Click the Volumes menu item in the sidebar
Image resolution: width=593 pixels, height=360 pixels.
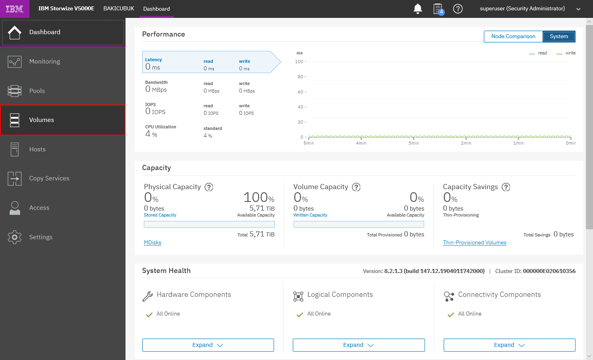click(x=63, y=120)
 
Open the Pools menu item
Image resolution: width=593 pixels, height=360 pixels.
click(x=63, y=91)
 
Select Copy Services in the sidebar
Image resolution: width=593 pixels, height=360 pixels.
click(x=63, y=178)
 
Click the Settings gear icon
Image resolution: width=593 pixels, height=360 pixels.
click(x=15, y=237)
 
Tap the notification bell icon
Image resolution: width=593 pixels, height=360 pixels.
click(x=417, y=9)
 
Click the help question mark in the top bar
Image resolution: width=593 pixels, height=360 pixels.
click(x=458, y=9)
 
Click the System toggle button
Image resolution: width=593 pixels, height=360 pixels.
click(x=559, y=36)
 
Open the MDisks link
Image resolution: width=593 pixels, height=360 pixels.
click(x=153, y=242)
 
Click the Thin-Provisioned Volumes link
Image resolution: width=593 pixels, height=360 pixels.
click(x=474, y=242)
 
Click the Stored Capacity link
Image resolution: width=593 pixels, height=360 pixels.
click(x=160, y=215)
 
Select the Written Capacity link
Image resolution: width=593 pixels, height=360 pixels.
click(x=310, y=215)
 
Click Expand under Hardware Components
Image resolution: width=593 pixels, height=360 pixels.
click(x=208, y=345)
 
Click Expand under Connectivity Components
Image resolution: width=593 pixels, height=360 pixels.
click(x=509, y=345)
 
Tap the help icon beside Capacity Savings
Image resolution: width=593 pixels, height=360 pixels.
click(x=506, y=187)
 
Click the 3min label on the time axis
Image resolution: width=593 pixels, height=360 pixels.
click(x=413, y=143)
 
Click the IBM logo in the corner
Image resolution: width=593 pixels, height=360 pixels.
click(x=15, y=9)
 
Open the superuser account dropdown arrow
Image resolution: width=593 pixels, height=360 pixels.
click(x=578, y=9)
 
